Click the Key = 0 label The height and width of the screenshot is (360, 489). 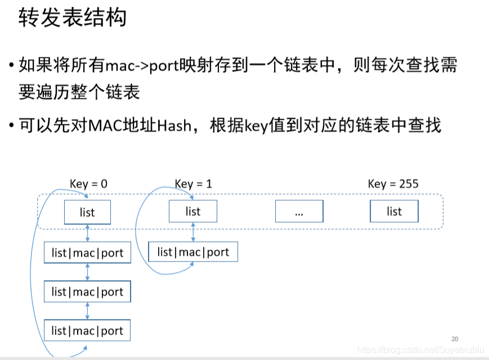pos(88,184)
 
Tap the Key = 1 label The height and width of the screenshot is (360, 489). pos(193,184)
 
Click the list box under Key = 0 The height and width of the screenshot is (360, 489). pos(87,213)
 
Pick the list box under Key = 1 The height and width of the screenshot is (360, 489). pos(192,211)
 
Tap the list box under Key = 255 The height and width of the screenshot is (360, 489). pos(394,211)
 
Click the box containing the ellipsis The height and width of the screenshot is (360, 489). pos(299,211)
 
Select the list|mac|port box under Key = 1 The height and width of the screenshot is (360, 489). pos(193,252)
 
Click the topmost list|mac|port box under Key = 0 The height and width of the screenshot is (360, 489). pos(87,253)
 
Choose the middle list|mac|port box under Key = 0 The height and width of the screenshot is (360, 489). pos(87,291)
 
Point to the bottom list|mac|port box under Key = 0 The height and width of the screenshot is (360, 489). pos(87,330)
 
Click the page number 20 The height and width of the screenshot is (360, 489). pos(455,339)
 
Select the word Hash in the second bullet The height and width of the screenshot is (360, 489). pos(174,125)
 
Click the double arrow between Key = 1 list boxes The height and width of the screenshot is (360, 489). pos(193,232)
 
